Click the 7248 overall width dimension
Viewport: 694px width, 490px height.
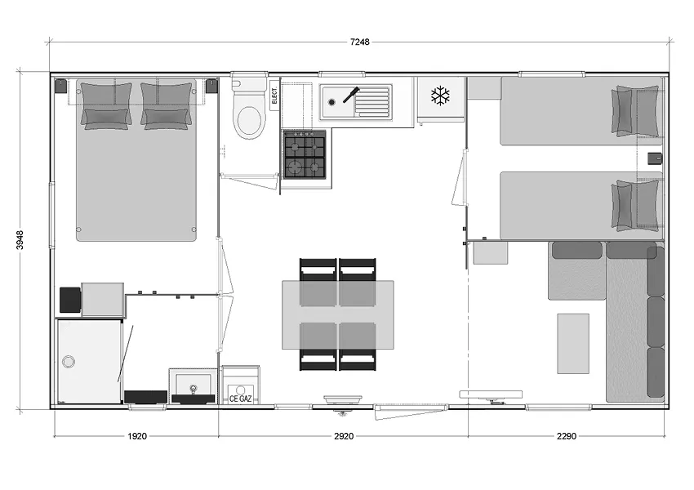tap(359, 42)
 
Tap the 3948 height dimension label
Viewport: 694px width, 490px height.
tap(20, 240)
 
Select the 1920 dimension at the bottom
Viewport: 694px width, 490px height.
tap(137, 436)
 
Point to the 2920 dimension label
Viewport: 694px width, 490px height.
tap(344, 436)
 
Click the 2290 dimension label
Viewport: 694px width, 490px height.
tap(567, 436)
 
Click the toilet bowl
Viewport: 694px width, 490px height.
tap(250, 119)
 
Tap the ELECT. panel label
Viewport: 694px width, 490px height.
tap(274, 96)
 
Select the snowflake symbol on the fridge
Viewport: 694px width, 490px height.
tap(440, 96)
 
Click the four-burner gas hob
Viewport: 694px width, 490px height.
tap(305, 154)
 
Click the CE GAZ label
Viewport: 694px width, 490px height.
tap(240, 399)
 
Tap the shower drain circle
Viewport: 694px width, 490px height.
tap(68, 362)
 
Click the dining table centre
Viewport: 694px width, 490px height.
tap(338, 314)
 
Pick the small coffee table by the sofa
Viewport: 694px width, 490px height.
tap(573, 344)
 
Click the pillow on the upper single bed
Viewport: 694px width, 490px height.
tap(635, 111)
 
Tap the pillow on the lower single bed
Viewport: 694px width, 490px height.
tap(635, 205)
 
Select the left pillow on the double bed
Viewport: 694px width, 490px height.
tap(106, 106)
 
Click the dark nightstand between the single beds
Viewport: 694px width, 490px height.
tap(656, 158)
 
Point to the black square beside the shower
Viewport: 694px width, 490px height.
tap(70, 300)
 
